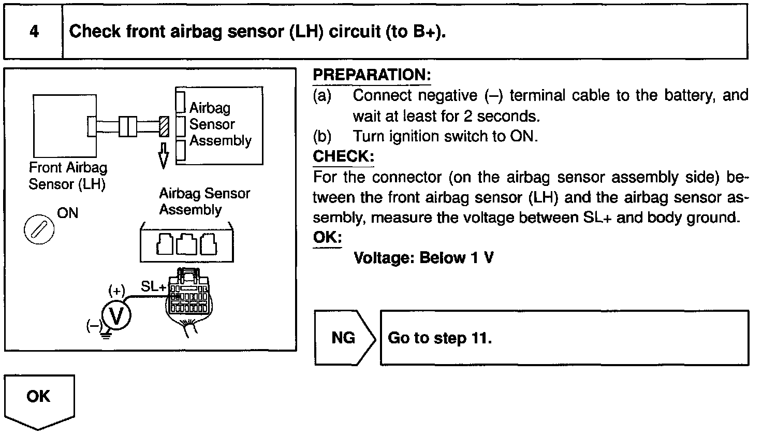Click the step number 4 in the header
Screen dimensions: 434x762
(34, 32)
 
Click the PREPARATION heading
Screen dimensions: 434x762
(372, 75)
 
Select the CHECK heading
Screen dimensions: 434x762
(343, 156)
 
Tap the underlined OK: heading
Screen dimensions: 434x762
(327, 238)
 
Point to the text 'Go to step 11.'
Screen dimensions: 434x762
(439, 338)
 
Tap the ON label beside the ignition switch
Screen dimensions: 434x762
(68, 213)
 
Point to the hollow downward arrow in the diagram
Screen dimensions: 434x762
(164, 154)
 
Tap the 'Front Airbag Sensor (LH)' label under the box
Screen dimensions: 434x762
(68, 176)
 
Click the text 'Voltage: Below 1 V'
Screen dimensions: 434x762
(423, 258)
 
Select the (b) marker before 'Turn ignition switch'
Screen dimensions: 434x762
(322, 136)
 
